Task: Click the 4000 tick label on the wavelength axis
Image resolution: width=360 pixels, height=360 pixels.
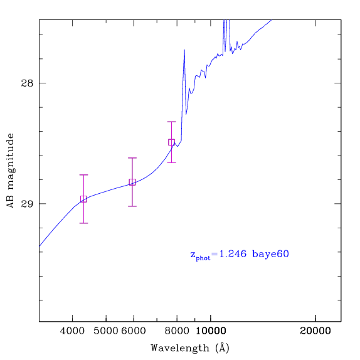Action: [x=72, y=331]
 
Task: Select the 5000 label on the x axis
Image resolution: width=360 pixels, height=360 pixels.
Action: [x=106, y=331]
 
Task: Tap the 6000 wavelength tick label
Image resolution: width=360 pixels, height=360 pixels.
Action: [x=134, y=331]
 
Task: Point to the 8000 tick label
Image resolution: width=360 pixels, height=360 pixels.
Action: [x=177, y=331]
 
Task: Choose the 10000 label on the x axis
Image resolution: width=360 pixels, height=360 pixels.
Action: [x=211, y=331]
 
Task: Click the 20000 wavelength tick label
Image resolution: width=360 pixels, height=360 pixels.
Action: [x=315, y=331]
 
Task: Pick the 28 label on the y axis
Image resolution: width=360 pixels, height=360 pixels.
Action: [x=27, y=83]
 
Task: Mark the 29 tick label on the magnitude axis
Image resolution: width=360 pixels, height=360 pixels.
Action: [x=27, y=204]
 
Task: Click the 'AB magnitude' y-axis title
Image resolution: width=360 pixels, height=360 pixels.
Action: [x=11, y=171]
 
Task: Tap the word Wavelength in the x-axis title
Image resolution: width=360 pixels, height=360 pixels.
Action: [x=180, y=348]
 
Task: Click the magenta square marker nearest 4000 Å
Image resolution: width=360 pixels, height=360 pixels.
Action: [x=83, y=199]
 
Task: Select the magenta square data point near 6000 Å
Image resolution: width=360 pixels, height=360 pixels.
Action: [x=132, y=182]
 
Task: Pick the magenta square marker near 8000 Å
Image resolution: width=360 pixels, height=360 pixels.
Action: [x=171, y=142]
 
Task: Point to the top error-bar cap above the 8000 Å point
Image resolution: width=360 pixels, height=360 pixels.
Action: [x=171, y=122]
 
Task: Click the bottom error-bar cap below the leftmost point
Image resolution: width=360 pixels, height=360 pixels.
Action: [x=83, y=223]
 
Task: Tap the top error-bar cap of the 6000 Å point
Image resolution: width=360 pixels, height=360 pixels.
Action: [x=132, y=158]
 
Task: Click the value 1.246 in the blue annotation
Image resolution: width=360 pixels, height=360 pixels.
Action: [x=233, y=254]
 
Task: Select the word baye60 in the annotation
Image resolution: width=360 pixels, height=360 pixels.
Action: [x=270, y=255]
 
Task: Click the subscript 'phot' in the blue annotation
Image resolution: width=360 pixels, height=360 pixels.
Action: [x=203, y=258]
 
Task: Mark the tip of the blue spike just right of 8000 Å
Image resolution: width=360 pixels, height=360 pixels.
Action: [x=184, y=50]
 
